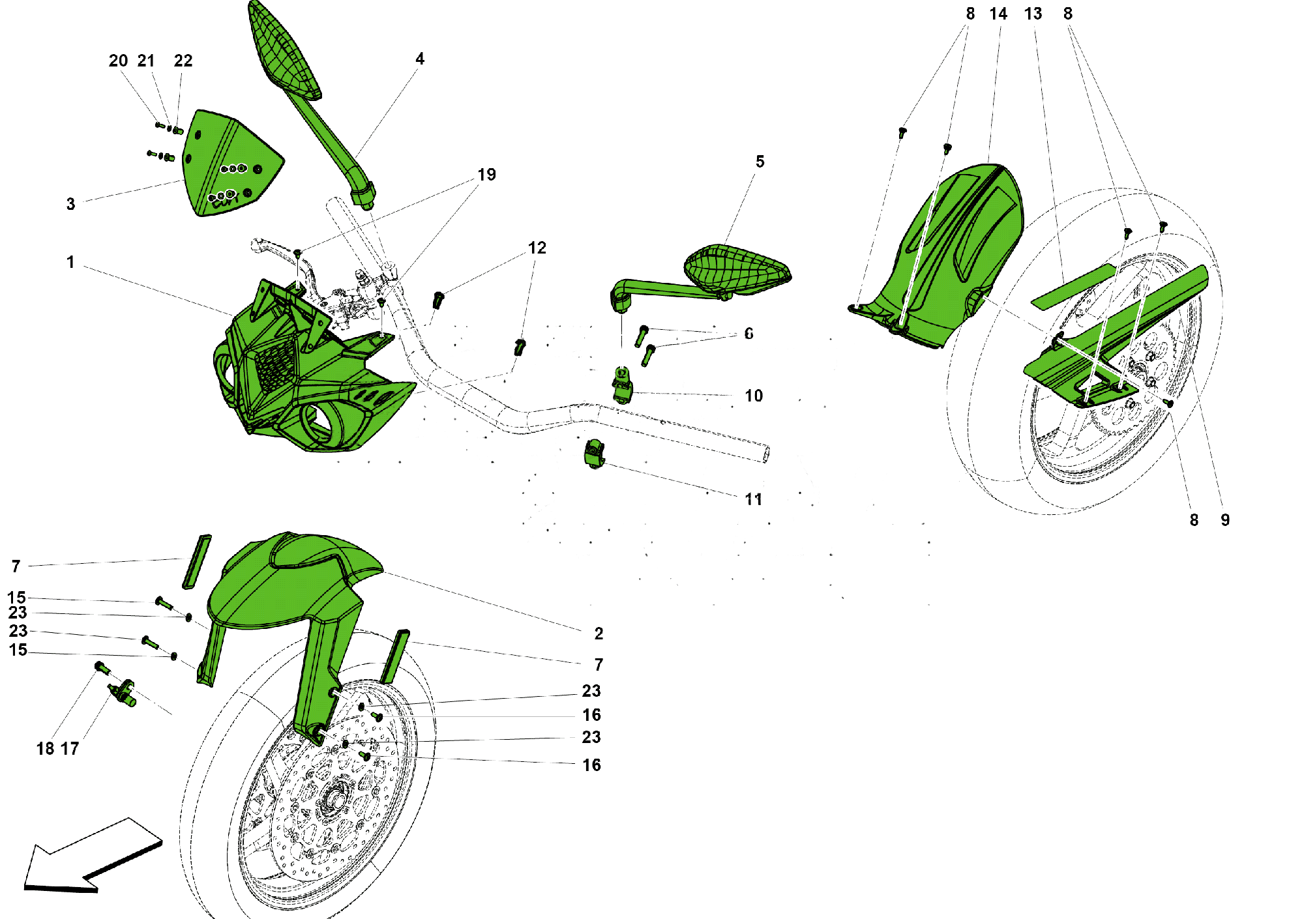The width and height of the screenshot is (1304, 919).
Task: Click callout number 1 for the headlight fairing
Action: tap(70, 262)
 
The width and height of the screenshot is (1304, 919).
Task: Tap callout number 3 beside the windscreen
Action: tap(70, 204)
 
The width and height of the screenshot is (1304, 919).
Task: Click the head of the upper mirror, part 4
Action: tap(284, 52)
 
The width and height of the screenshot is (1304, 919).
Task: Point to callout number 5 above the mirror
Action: tap(760, 162)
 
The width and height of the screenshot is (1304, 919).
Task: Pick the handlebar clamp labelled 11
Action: tap(594, 454)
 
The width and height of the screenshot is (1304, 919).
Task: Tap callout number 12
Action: tap(537, 248)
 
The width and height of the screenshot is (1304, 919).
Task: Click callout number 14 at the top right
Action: tap(998, 14)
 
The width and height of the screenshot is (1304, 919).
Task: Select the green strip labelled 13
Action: tap(1073, 287)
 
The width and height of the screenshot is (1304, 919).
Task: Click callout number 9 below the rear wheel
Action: tap(1225, 520)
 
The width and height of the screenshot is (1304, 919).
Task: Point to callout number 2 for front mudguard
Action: tap(599, 634)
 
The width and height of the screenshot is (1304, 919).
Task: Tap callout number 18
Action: tap(45, 749)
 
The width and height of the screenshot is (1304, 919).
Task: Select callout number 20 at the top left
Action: tap(117, 61)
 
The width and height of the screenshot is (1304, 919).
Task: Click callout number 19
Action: tap(486, 175)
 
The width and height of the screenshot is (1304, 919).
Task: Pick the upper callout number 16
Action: tap(591, 715)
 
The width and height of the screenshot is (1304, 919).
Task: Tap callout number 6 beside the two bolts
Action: tap(748, 334)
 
